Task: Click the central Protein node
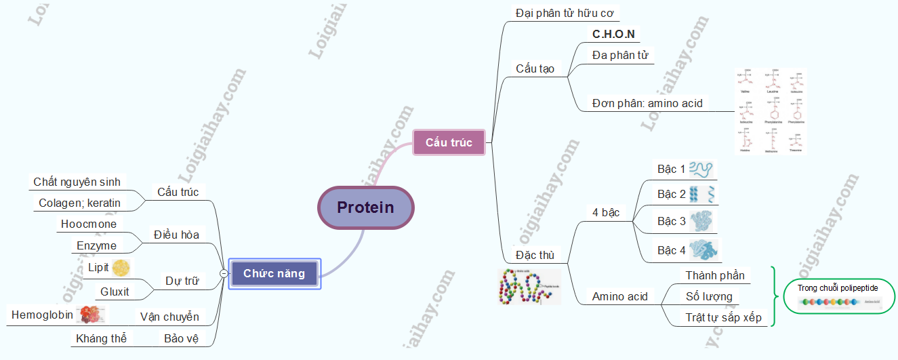coord(365,207)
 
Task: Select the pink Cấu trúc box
coord(449,142)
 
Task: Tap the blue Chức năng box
coord(274,274)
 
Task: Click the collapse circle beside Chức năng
coord(224,274)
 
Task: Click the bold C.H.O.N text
coord(613,34)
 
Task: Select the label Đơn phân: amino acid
coord(647,104)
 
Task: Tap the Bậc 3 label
coord(671,221)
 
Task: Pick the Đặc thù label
coord(535,255)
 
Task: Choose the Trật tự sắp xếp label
coord(723,317)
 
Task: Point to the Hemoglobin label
coord(42,315)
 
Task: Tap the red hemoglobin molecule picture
coord(91,314)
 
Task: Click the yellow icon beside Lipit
coord(121,268)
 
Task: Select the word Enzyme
coord(96,245)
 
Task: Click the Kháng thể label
coord(101,338)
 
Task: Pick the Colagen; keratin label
coord(79,203)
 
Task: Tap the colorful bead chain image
coord(529,286)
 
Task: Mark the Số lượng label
coord(709,296)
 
